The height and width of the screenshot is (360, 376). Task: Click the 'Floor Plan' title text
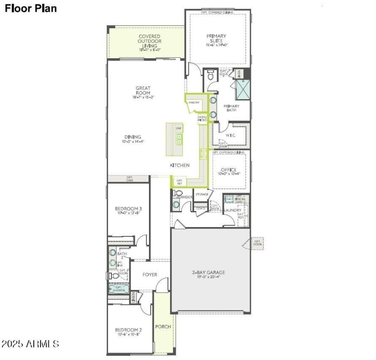[x=31, y=8]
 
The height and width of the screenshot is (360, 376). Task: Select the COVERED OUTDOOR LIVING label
[x=149, y=40]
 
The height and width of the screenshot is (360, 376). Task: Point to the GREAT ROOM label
[x=143, y=90]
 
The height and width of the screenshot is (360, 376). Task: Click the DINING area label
[x=133, y=137]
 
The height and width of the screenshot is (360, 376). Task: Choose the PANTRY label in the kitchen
[x=194, y=102]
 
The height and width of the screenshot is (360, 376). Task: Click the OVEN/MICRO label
[x=202, y=119]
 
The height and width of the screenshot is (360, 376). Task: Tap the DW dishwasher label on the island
[x=179, y=128]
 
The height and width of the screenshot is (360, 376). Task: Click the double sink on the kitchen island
[x=179, y=139]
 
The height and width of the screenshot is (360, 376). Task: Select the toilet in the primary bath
[x=211, y=74]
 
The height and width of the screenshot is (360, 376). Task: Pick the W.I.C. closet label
[x=230, y=135]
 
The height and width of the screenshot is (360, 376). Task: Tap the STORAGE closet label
[x=202, y=194]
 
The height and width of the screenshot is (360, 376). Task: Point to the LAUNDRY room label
[x=233, y=210]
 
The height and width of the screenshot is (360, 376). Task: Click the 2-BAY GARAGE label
[x=209, y=272]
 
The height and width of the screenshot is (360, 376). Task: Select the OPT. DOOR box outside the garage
[x=257, y=244]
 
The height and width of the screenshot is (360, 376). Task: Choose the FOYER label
[x=150, y=274]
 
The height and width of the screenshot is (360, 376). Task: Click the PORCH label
[x=163, y=327]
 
